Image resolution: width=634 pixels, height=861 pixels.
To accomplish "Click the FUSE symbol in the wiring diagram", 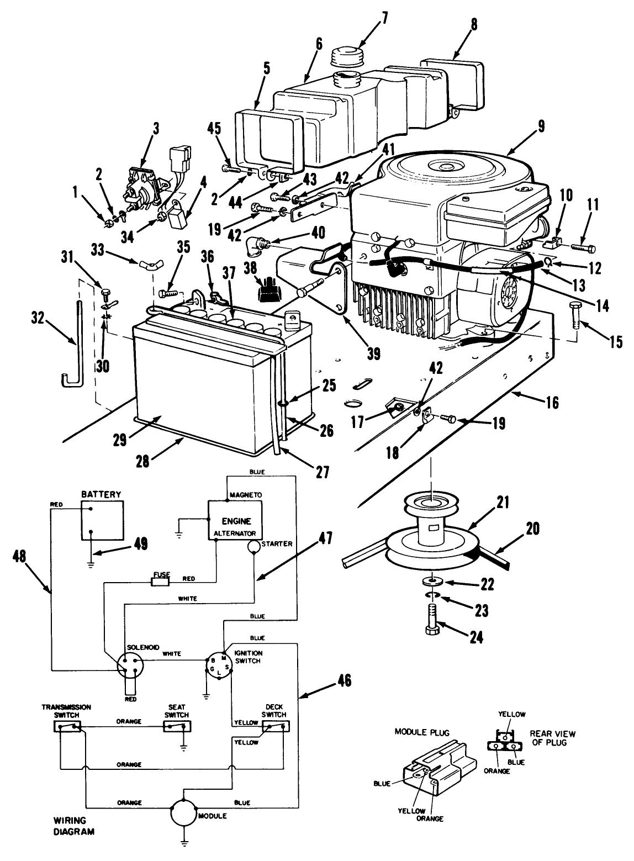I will click(x=161, y=581).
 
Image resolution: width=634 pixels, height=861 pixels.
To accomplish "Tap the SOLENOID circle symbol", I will click(x=130, y=665).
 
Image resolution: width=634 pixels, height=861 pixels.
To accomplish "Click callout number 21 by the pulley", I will click(x=503, y=503).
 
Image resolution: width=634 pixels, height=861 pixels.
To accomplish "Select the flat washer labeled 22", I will click(x=426, y=582).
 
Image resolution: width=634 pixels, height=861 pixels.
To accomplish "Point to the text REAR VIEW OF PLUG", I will click(x=552, y=738).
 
